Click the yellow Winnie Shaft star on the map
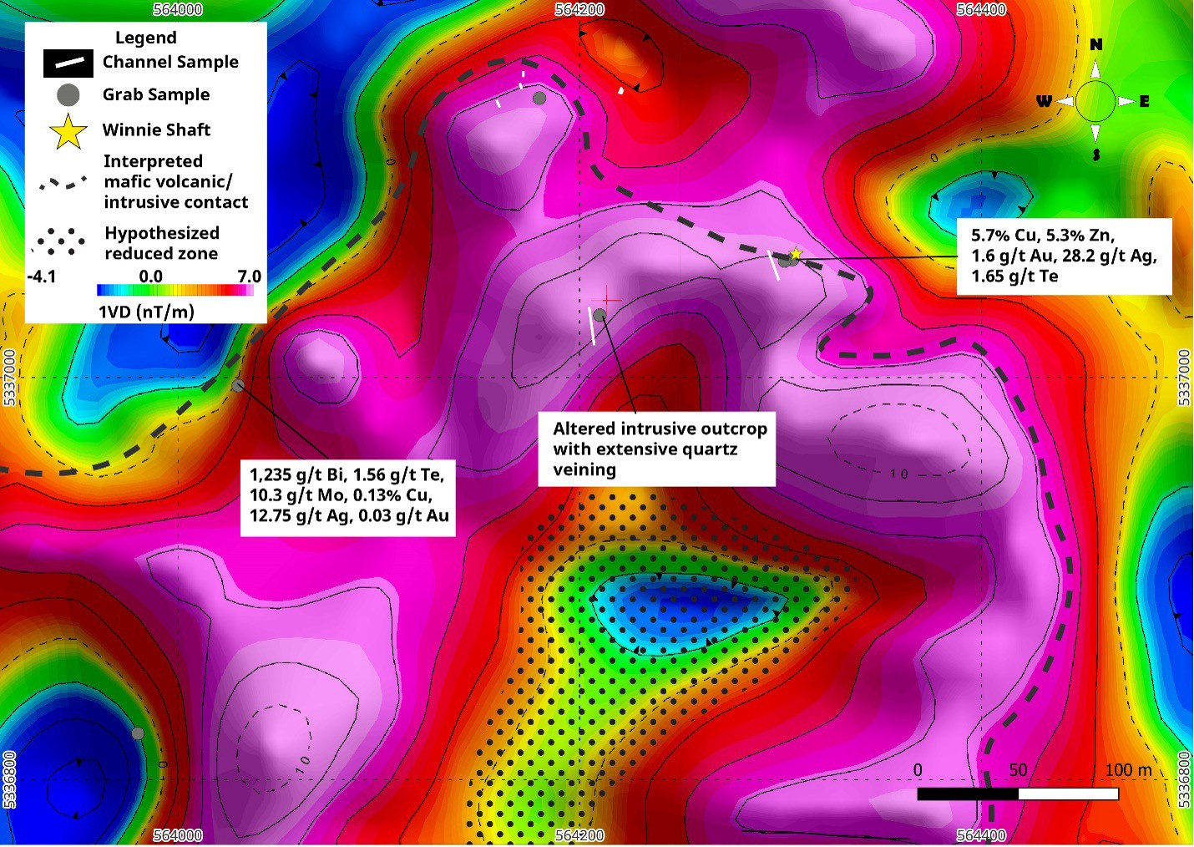click(x=796, y=254)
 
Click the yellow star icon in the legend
click(x=68, y=131)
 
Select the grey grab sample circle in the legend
click(x=68, y=95)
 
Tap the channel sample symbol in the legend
click(x=68, y=63)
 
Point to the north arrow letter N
click(x=1095, y=45)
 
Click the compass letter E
click(x=1145, y=102)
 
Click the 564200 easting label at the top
click(x=579, y=9)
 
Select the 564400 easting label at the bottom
click(x=981, y=835)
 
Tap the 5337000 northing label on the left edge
click(x=9, y=378)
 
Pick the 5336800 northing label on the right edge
click(x=1184, y=779)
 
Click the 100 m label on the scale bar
click(x=1128, y=770)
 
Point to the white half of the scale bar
click(x=1068, y=794)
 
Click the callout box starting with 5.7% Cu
click(x=1064, y=256)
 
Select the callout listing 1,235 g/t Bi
click(x=348, y=495)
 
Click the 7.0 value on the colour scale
click(x=249, y=276)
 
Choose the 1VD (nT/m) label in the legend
click(x=146, y=312)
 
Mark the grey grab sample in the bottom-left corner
click(x=138, y=733)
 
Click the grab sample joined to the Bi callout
click(x=239, y=385)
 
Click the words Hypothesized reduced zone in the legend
click(x=161, y=243)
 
